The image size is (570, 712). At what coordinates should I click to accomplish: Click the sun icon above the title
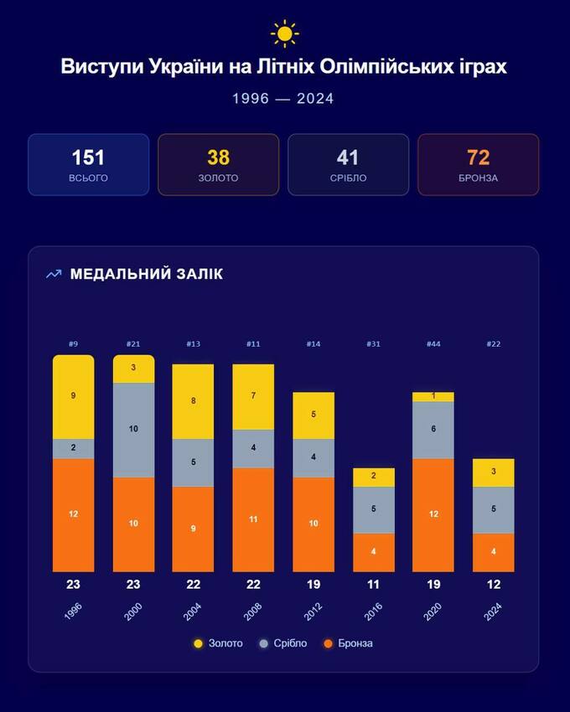pyautogui.click(x=285, y=34)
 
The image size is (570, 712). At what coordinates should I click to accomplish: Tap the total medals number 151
pyautogui.click(x=88, y=157)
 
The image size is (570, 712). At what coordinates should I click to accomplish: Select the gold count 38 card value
pyautogui.click(x=218, y=157)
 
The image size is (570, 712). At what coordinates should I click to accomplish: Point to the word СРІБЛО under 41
pyautogui.click(x=349, y=178)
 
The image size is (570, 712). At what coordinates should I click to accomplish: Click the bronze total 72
pyautogui.click(x=479, y=157)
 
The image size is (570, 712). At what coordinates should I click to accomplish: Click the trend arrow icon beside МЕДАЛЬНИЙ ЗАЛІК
pyautogui.click(x=54, y=274)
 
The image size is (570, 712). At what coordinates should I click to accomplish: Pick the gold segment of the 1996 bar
pyautogui.click(x=74, y=396)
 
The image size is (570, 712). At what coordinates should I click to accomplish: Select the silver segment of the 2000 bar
pyautogui.click(x=133, y=429)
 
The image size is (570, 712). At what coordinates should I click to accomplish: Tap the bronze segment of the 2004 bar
pyautogui.click(x=194, y=529)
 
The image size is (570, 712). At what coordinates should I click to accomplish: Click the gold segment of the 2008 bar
pyautogui.click(x=253, y=396)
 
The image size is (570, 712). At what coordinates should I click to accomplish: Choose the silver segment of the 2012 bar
pyautogui.click(x=313, y=457)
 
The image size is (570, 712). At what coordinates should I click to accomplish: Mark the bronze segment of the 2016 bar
pyautogui.click(x=373, y=552)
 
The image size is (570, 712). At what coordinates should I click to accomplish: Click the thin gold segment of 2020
pyautogui.click(x=433, y=396)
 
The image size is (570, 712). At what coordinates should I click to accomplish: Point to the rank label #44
pyautogui.click(x=433, y=344)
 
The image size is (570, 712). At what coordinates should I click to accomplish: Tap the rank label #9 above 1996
pyautogui.click(x=74, y=344)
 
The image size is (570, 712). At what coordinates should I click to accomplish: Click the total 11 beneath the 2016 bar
pyautogui.click(x=373, y=584)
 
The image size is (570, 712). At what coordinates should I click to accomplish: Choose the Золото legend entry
pyautogui.click(x=219, y=643)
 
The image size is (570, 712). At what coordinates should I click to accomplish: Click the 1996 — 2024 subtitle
pyautogui.click(x=283, y=99)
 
